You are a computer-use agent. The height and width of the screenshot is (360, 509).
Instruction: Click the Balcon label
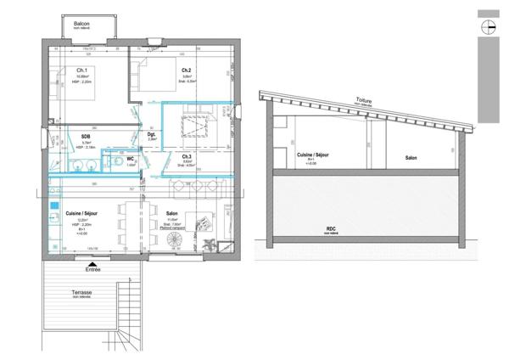point(81,25)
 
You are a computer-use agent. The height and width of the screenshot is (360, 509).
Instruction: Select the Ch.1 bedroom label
point(83,70)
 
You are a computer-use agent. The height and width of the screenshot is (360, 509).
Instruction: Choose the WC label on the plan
point(131,158)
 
